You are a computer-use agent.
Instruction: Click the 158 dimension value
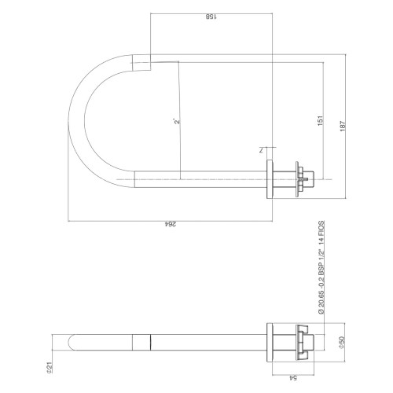click(211, 17)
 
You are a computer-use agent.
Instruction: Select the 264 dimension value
click(170, 224)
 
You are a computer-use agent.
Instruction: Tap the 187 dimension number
click(343, 126)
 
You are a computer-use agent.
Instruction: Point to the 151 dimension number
click(321, 120)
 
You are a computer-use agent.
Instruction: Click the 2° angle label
click(177, 121)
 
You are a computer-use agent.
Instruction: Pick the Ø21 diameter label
click(50, 367)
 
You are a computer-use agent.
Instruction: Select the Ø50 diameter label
click(342, 343)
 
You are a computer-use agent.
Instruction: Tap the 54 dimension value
click(293, 378)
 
